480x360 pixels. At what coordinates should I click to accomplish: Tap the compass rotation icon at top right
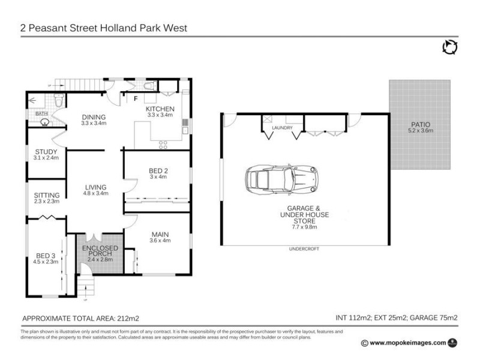coord(449,47)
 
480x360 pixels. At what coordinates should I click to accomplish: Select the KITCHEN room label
coord(160,109)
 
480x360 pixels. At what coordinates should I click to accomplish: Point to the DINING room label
coord(94,117)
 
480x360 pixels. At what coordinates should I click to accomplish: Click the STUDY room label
coord(46,152)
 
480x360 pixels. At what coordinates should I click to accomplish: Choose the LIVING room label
coord(95,187)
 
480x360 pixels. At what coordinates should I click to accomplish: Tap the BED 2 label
coord(158,171)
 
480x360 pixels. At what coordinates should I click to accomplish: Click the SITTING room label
coord(46,195)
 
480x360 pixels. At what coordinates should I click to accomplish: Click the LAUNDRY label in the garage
coord(281,128)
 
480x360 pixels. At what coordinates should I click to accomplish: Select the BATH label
coord(41,113)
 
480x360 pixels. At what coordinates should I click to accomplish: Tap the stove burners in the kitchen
coord(163,143)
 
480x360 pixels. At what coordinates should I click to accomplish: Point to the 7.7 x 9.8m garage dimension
coord(304,228)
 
